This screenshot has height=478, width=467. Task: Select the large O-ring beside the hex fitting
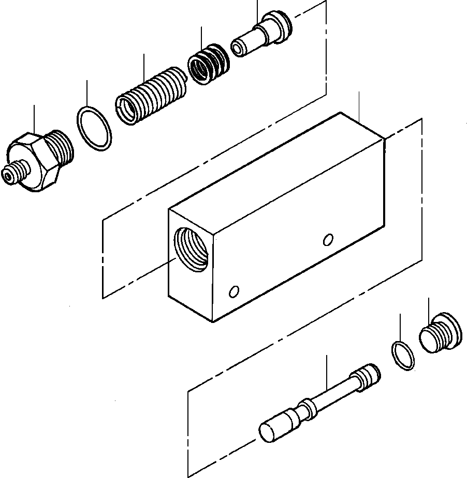tap(95, 129)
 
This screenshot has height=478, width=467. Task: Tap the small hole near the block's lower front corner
tap(234, 292)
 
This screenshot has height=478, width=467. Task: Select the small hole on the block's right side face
tap(327, 239)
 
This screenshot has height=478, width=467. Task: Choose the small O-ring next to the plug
tap(403, 356)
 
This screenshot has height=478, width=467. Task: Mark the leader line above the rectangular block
tap(359, 106)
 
